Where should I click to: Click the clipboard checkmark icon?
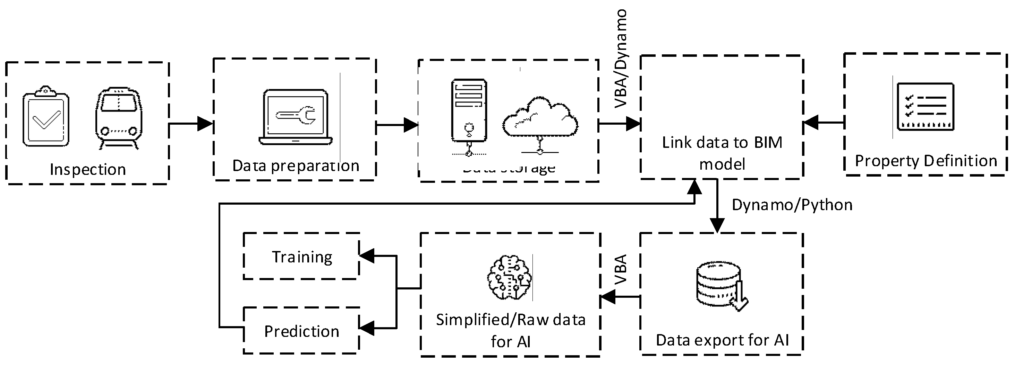pyautogui.click(x=46, y=116)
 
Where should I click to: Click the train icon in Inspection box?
pyautogui.click(x=118, y=118)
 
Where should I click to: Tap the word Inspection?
pyautogui.click(x=87, y=170)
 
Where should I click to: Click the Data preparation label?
pyautogui.click(x=296, y=165)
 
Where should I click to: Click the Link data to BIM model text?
pyautogui.click(x=722, y=153)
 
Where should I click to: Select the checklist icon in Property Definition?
pyautogui.click(x=925, y=107)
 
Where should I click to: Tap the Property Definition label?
pyautogui.click(x=926, y=161)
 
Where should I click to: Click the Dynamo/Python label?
pyautogui.click(x=792, y=205)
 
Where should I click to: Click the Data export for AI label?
pyautogui.click(x=722, y=340)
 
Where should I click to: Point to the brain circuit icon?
pyautogui.click(x=510, y=278)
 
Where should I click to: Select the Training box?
pyautogui.click(x=302, y=257)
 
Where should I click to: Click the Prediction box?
pyautogui.click(x=302, y=331)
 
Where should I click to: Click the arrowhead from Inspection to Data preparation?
pyautogui.click(x=205, y=124)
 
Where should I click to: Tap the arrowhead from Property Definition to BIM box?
pyautogui.click(x=811, y=122)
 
